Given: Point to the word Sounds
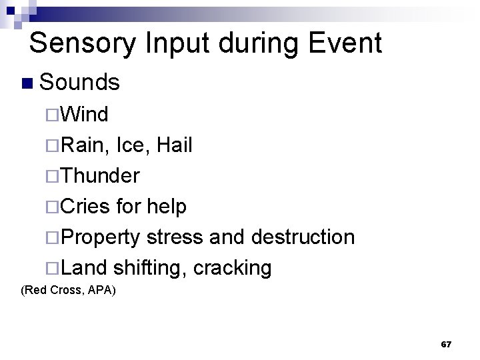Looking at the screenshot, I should (x=79, y=83).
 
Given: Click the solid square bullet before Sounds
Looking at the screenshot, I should (x=27, y=83).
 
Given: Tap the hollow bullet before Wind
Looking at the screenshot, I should (x=53, y=115).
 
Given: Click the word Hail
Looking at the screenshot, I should (x=175, y=145).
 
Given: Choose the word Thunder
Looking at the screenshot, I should (x=101, y=175).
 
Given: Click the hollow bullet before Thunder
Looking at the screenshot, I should (x=53, y=176).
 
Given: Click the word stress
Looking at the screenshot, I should (x=176, y=237).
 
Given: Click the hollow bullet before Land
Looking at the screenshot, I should (x=53, y=268).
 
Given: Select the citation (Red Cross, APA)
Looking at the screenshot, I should (x=69, y=290).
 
